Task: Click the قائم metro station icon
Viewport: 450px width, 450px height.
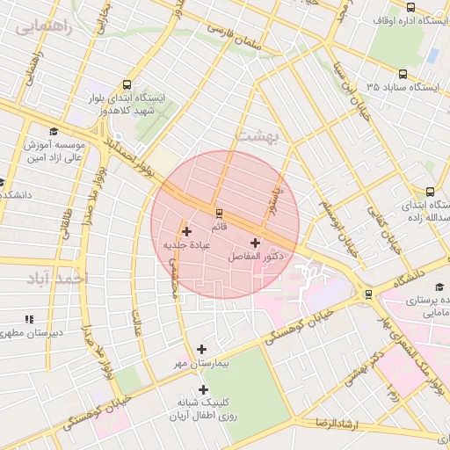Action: (x=219, y=213)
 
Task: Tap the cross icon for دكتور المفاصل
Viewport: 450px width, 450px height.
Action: (x=255, y=243)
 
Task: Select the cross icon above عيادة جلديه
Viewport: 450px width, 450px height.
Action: (x=186, y=231)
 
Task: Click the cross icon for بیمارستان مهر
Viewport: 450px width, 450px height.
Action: (x=203, y=349)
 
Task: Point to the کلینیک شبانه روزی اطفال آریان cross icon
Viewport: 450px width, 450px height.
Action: (x=204, y=389)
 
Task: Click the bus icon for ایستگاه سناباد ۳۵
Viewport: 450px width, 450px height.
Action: (x=403, y=75)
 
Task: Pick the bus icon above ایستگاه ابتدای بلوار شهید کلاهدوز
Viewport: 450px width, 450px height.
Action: (x=127, y=85)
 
